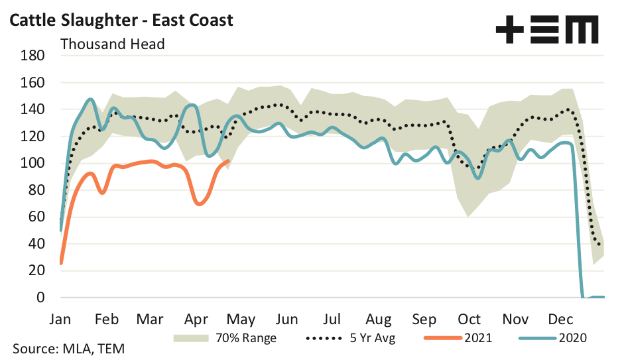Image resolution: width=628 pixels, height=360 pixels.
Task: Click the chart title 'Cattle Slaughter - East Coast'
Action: coord(120,20)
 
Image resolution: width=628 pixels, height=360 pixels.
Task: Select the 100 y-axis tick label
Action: coord(33,163)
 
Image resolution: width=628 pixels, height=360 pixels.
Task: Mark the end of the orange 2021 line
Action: coord(229,160)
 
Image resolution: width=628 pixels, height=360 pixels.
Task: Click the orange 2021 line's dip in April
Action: coord(199,204)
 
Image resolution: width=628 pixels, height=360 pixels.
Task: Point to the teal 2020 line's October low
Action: coord(477,178)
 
